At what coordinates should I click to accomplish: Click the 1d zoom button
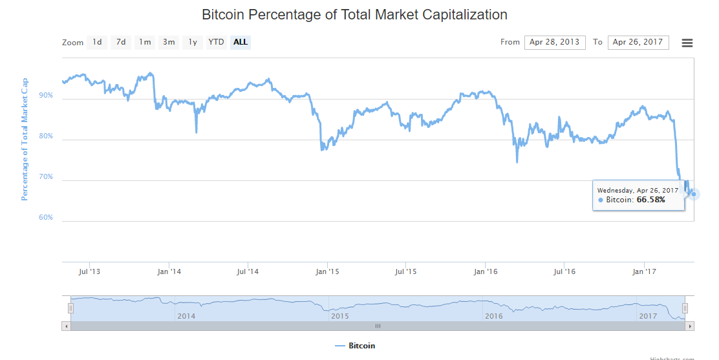(x=97, y=43)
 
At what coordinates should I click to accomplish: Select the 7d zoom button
(x=121, y=43)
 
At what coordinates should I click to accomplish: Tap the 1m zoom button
(x=145, y=43)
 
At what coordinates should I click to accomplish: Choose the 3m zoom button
(x=169, y=43)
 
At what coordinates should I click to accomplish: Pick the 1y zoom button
(x=193, y=43)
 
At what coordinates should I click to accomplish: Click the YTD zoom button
(x=216, y=43)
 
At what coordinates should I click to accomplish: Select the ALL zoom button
(x=241, y=43)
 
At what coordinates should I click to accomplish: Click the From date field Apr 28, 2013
(x=555, y=43)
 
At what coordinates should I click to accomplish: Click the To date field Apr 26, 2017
(x=638, y=43)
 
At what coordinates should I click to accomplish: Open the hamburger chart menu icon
(x=687, y=43)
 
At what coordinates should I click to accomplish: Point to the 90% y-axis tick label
(x=46, y=96)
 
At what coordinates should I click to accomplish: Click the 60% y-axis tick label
(x=46, y=218)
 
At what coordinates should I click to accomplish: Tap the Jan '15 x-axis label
(x=327, y=272)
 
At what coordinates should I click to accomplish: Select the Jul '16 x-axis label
(x=564, y=272)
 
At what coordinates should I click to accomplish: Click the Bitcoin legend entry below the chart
(x=355, y=346)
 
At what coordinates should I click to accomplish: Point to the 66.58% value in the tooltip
(x=650, y=200)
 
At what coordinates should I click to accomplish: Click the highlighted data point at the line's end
(x=693, y=194)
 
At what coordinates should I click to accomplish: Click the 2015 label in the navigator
(x=339, y=316)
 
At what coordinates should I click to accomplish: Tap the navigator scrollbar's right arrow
(x=691, y=326)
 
